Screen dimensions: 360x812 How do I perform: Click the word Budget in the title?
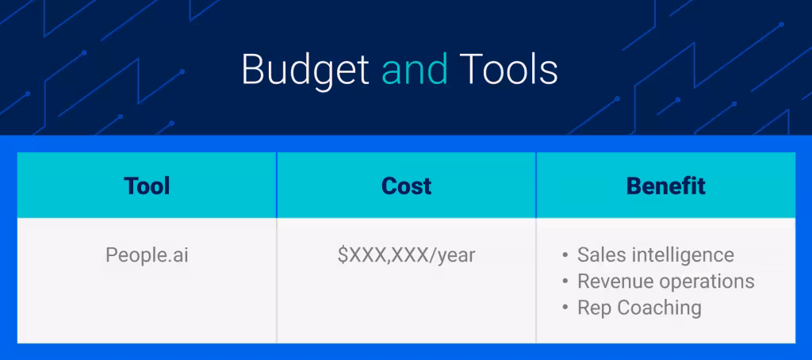pyautogui.click(x=305, y=71)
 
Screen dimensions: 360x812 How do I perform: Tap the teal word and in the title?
pyautogui.click(x=415, y=71)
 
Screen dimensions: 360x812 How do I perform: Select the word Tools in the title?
pyautogui.click(x=508, y=71)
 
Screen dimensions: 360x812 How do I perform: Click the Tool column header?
pyautogui.click(x=147, y=186)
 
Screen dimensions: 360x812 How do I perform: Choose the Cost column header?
pyautogui.click(x=406, y=186)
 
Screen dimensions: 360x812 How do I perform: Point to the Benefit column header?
pyautogui.click(x=665, y=186)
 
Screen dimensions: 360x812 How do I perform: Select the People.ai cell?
pyautogui.click(x=147, y=255)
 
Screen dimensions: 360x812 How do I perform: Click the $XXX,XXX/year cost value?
pyautogui.click(x=406, y=255)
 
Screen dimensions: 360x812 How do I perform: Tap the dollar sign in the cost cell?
pyautogui.click(x=343, y=255)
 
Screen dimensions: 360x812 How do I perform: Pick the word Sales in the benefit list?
pyautogui.click(x=598, y=255)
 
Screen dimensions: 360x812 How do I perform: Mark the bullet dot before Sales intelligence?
pyautogui.click(x=565, y=256)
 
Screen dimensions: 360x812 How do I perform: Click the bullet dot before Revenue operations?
pyautogui.click(x=565, y=282)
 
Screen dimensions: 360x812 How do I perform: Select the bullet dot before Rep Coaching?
pyautogui.click(x=565, y=308)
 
